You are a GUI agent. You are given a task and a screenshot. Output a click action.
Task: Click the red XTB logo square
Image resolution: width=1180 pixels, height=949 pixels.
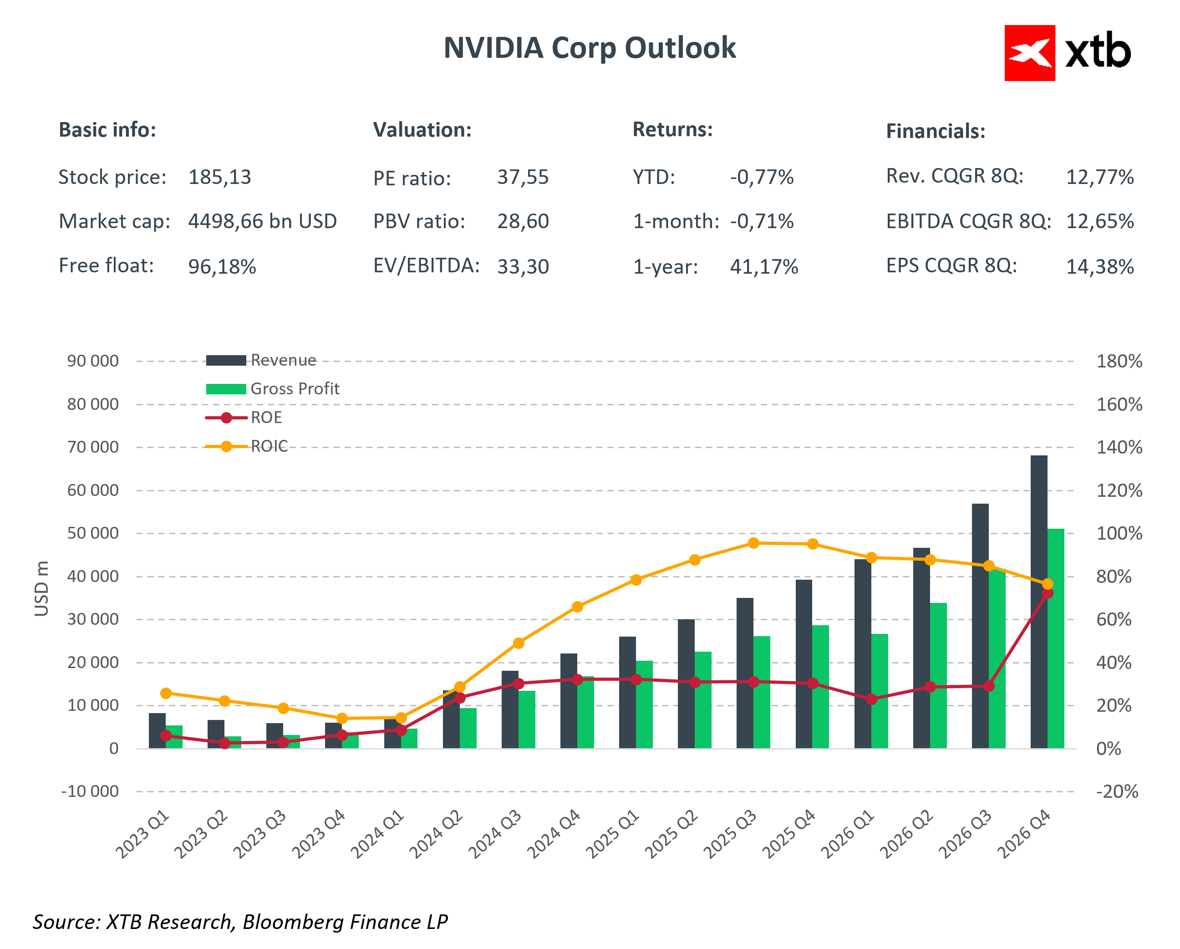(x=1029, y=53)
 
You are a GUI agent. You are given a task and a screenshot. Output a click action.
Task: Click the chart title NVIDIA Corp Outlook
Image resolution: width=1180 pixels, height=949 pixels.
(x=590, y=48)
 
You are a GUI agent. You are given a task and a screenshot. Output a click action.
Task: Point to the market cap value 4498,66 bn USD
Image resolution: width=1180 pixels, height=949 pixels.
(x=262, y=221)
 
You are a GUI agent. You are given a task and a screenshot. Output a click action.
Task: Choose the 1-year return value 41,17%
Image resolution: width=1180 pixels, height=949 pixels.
(x=763, y=267)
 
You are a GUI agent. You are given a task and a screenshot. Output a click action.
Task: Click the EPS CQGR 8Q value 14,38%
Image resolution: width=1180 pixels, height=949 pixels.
(x=1099, y=267)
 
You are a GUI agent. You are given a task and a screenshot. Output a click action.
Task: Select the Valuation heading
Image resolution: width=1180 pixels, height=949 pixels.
(x=422, y=130)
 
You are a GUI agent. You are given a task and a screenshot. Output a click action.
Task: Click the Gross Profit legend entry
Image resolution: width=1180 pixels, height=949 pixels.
(x=295, y=389)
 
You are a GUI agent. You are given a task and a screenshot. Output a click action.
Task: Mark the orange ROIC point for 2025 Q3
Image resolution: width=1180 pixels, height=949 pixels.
(x=753, y=543)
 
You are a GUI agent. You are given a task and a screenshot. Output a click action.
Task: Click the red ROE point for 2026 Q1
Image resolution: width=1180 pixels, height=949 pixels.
(x=871, y=699)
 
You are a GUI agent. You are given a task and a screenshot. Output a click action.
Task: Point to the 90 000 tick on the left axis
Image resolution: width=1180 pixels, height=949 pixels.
(x=92, y=362)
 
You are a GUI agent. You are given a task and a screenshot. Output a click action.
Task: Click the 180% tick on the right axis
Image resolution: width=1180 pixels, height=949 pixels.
(x=1119, y=362)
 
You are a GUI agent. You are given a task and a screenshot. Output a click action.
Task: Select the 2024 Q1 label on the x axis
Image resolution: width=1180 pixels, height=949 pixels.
(x=378, y=835)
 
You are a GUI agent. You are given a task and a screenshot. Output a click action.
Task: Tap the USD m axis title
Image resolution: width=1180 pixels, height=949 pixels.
(x=41, y=589)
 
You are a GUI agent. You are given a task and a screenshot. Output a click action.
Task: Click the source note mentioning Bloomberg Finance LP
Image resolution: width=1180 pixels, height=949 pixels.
(x=240, y=922)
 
